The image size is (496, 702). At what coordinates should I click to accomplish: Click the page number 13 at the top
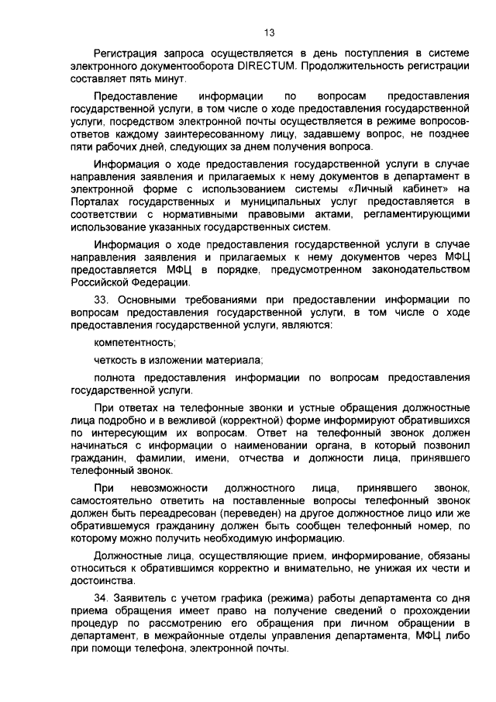[x=269, y=33]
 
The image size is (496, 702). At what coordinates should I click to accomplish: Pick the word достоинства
[x=101, y=581]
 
